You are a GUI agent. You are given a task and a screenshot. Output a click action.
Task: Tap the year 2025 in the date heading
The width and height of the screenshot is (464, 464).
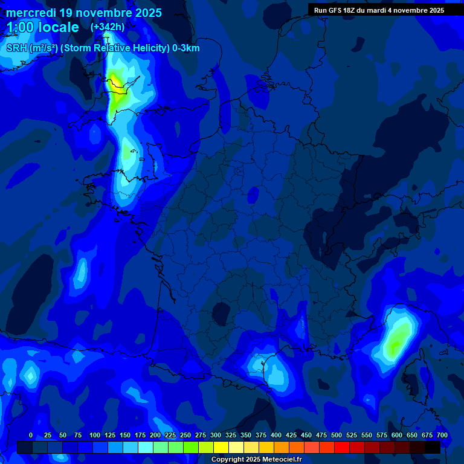(x=145, y=13)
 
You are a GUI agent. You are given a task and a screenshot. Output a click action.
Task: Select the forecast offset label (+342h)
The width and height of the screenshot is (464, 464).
(x=108, y=27)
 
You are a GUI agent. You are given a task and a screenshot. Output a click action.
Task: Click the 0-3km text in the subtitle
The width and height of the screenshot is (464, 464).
(x=185, y=48)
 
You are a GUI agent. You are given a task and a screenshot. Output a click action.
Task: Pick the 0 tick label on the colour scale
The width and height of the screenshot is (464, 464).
(x=31, y=435)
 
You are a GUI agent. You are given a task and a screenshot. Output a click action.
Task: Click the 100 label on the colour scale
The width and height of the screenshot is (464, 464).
(x=95, y=435)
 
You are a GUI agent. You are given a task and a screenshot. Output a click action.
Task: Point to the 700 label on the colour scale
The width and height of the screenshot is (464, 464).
(x=442, y=435)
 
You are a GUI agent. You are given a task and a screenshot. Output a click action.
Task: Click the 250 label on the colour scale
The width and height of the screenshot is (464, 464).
(x=185, y=435)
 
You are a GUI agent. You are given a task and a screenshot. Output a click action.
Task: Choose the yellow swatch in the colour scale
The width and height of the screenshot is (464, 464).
(x=221, y=447)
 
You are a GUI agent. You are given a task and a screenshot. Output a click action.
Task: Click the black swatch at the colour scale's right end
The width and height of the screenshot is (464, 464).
(x=433, y=447)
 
